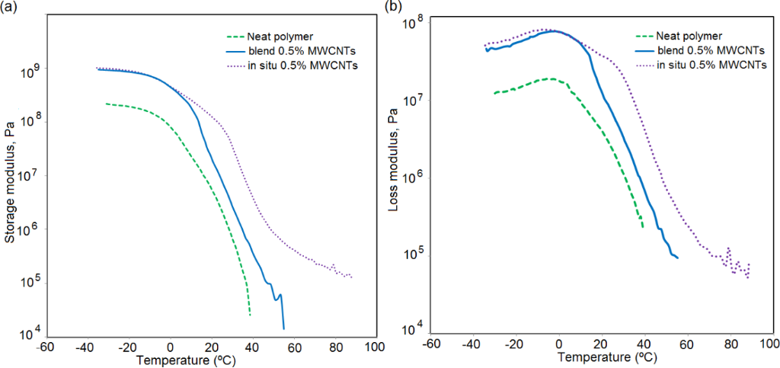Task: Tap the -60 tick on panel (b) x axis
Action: click(x=431, y=344)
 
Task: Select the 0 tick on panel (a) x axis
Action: click(x=170, y=347)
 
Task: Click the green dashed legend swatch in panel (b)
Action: click(x=646, y=35)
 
